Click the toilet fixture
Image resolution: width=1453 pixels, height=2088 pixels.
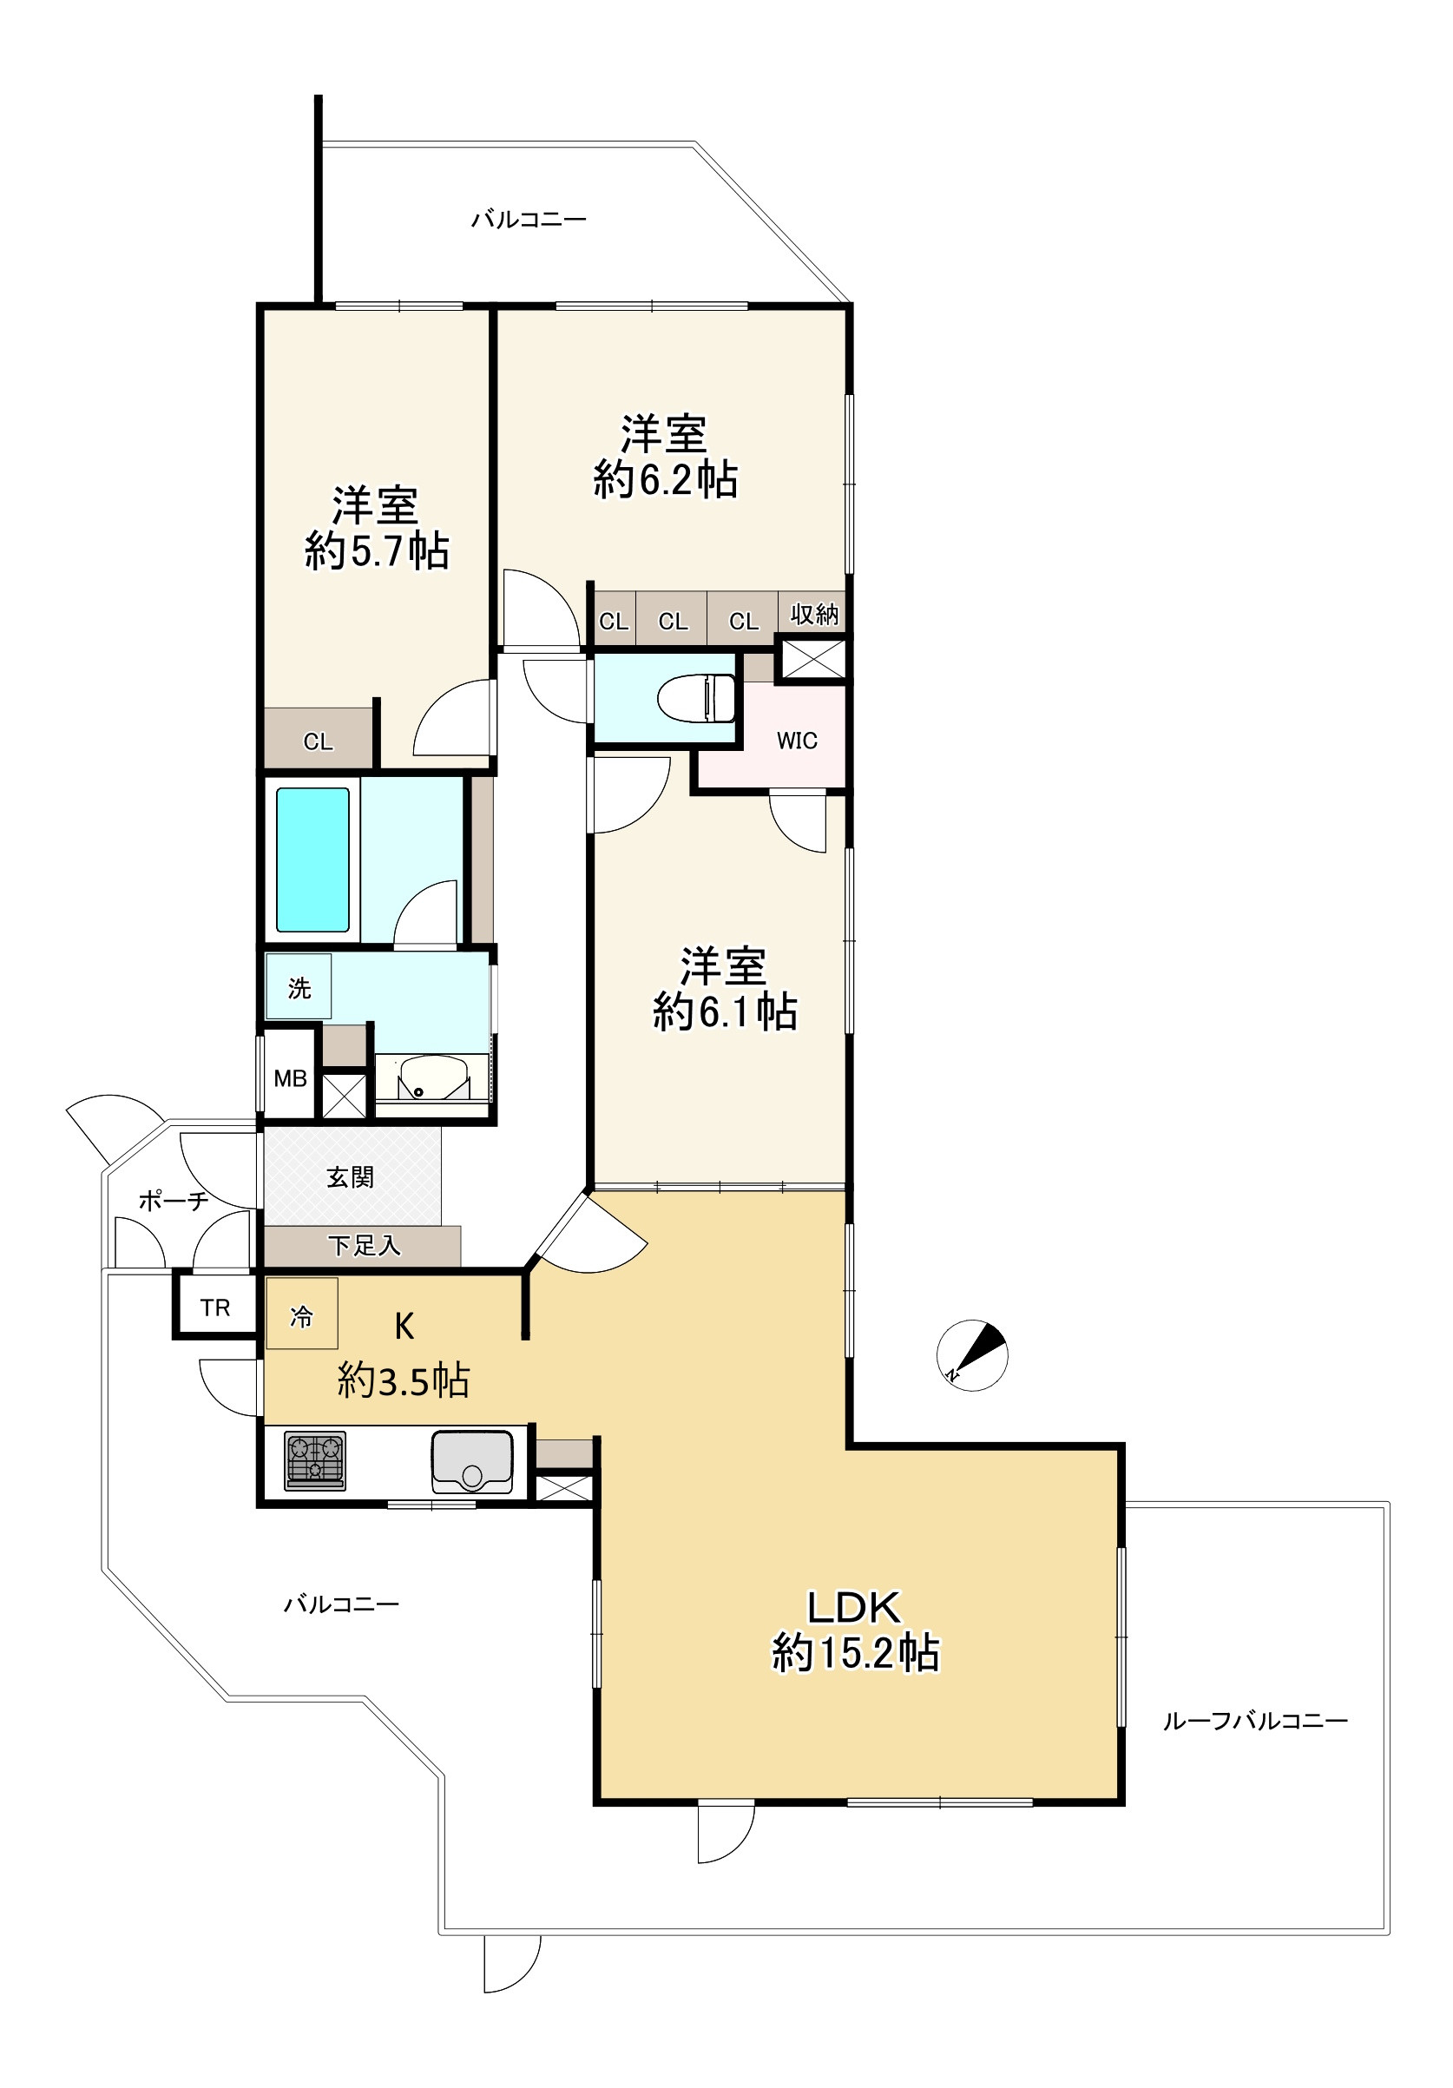click(x=696, y=697)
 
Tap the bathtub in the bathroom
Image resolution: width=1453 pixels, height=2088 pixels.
click(x=312, y=860)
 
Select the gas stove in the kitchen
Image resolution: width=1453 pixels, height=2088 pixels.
click(x=314, y=1459)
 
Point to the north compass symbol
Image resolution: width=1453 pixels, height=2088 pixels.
click(x=972, y=1354)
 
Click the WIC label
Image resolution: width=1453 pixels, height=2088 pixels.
click(x=797, y=741)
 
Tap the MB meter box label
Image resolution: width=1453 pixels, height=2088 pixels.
click(x=290, y=1078)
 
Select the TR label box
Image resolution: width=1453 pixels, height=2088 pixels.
click(x=215, y=1307)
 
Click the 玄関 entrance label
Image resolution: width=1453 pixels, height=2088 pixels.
click(x=350, y=1177)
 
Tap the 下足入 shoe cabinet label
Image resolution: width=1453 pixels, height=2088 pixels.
click(x=364, y=1245)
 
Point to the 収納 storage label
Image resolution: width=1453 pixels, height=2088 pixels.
click(x=814, y=615)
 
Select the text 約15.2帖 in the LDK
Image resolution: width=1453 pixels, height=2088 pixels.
click(x=855, y=1652)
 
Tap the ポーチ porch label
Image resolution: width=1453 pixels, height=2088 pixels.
click(x=173, y=1201)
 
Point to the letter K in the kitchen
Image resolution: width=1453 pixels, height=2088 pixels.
click(x=404, y=1327)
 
